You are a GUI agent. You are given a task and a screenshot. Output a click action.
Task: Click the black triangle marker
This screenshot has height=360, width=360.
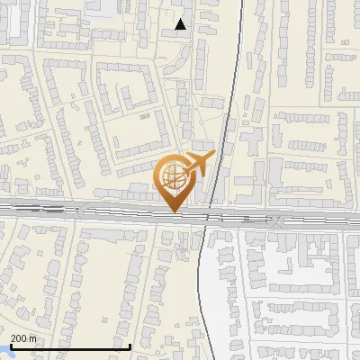[x=181, y=24]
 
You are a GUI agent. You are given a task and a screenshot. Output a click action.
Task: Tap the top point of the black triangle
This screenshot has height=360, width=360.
[x=181, y=19]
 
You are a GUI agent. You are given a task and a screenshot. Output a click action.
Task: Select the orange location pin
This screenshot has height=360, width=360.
[x=173, y=181]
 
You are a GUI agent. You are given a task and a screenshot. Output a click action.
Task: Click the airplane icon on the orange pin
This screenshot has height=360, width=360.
[x=194, y=165]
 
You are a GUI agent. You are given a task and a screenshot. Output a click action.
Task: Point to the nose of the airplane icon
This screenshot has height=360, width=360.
[x=208, y=158]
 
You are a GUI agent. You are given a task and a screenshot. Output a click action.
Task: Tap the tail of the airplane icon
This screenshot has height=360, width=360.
[x=183, y=171]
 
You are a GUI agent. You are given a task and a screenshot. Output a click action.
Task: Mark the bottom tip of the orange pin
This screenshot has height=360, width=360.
[x=173, y=212]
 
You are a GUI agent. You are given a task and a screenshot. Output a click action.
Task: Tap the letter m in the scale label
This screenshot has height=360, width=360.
[x=33, y=338]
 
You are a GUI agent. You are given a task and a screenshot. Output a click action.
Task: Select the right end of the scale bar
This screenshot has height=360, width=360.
[x=130, y=346]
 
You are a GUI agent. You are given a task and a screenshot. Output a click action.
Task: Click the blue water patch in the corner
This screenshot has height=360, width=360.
[x=4, y=355]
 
